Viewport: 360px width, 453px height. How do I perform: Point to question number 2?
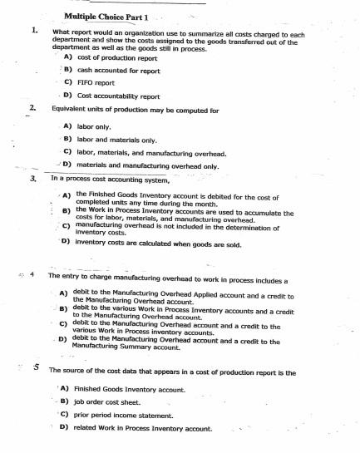[32, 109]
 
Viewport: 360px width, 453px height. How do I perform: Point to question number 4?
[34, 275]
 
